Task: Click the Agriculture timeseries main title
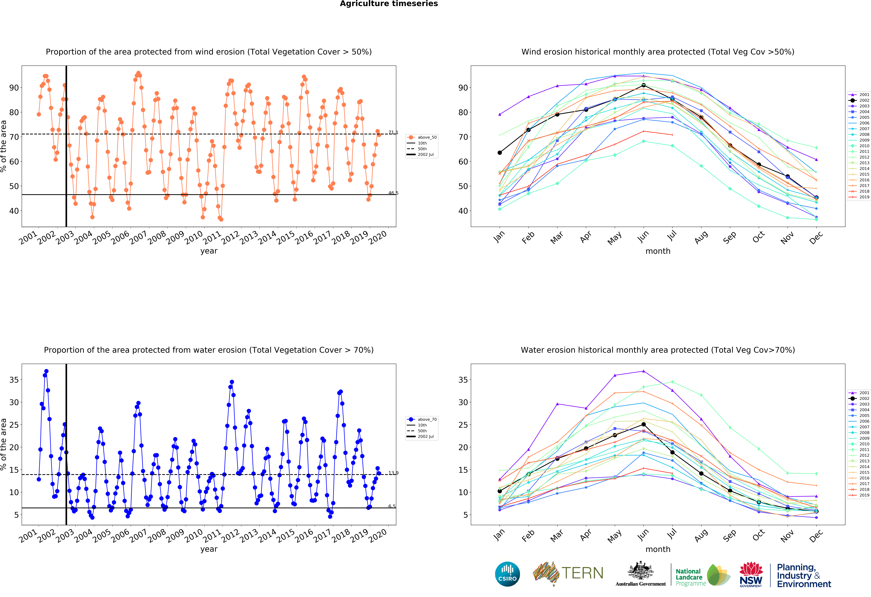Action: click(389, 4)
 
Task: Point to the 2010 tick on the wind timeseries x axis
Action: click(193, 238)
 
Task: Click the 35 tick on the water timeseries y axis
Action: click(14, 380)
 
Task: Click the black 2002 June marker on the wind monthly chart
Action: click(644, 85)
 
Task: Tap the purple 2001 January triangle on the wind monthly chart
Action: click(500, 114)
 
